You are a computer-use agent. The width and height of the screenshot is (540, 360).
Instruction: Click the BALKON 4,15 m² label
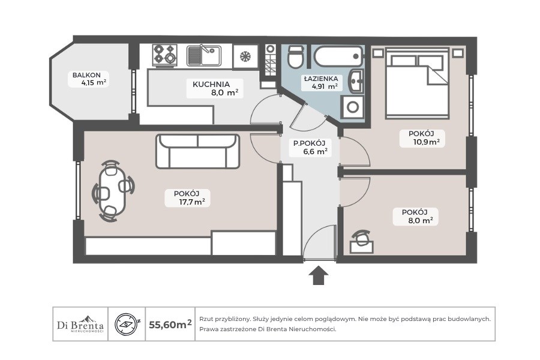coord(89,79)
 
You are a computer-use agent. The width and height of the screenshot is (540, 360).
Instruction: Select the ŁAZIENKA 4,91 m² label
coord(321,83)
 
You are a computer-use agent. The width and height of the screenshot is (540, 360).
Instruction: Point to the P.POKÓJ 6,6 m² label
coord(310,147)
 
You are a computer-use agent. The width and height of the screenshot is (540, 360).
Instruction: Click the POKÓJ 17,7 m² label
coord(188,198)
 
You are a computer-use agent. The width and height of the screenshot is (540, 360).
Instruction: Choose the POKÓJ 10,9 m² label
coord(422,138)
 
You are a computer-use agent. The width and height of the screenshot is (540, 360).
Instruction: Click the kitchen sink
coord(204,55)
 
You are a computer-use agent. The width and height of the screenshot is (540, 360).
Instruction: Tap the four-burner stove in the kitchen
coord(164,55)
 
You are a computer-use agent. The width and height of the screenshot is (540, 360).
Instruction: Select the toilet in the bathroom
coord(296,56)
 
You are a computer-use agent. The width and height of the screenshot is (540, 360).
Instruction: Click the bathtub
coord(338,57)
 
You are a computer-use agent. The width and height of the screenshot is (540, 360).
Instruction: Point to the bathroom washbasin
coord(356,82)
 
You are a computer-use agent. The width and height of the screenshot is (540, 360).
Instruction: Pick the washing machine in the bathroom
coord(352,107)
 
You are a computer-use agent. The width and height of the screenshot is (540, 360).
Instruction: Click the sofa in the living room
coord(197,151)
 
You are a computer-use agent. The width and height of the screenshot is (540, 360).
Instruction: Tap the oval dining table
coord(112,191)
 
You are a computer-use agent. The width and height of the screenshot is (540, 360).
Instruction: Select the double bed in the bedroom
coord(418,83)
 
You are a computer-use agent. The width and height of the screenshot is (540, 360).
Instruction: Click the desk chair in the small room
coord(362,238)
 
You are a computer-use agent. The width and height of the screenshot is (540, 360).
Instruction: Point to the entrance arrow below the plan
coord(318,275)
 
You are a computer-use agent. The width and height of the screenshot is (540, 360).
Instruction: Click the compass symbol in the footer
coord(127,324)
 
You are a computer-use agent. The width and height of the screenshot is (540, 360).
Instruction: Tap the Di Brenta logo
coord(80,324)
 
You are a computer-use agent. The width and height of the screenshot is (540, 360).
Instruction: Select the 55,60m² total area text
coord(170,324)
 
